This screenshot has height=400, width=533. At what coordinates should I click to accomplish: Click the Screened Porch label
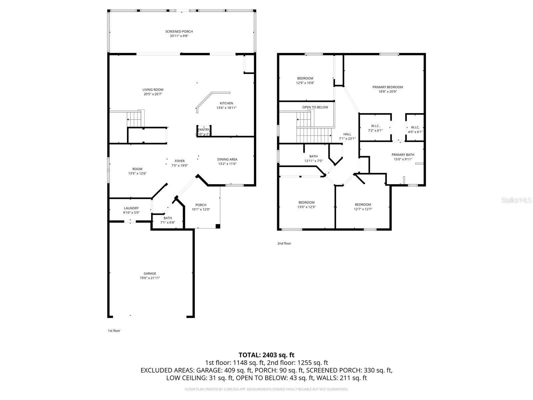click(179, 32)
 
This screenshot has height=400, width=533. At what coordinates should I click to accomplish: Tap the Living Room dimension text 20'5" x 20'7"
click(153, 94)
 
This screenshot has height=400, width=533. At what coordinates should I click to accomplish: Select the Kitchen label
click(226, 103)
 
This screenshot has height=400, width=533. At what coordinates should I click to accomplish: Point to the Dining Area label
click(227, 159)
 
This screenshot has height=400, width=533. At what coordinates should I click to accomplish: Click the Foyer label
click(180, 161)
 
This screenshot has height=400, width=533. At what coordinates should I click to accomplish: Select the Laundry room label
click(131, 208)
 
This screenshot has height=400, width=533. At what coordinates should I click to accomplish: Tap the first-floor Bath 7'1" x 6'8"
click(168, 220)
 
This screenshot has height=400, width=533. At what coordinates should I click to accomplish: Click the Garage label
click(150, 274)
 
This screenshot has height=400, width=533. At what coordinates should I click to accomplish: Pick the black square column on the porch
click(218, 226)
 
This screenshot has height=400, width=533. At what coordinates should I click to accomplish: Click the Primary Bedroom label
click(387, 87)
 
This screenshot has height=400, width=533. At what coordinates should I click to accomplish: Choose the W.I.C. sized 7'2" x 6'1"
click(375, 128)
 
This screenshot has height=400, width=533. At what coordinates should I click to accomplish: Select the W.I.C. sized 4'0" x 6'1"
click(415, 130)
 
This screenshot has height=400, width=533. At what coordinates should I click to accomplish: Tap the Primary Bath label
click(403, 155)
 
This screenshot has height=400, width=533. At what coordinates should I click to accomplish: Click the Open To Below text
click(315, 107)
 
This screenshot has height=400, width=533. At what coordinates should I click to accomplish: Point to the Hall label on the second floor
click(347, 134)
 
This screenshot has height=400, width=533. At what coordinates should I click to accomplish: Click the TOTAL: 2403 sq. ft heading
click(266, 355)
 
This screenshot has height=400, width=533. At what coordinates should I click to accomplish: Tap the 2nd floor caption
click(284, 243)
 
